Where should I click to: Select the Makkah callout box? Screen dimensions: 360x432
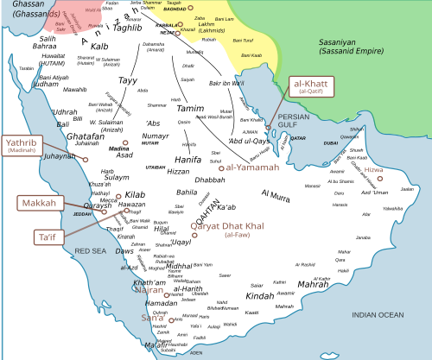coord(39,204)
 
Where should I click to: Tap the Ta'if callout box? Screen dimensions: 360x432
coord(44,236)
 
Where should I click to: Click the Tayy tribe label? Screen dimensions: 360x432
coord(127,80)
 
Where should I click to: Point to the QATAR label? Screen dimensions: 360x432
coord(298,138)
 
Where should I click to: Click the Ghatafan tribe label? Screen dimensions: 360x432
coord(86,136)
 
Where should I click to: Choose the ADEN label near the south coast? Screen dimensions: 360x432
coord(196,352)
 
